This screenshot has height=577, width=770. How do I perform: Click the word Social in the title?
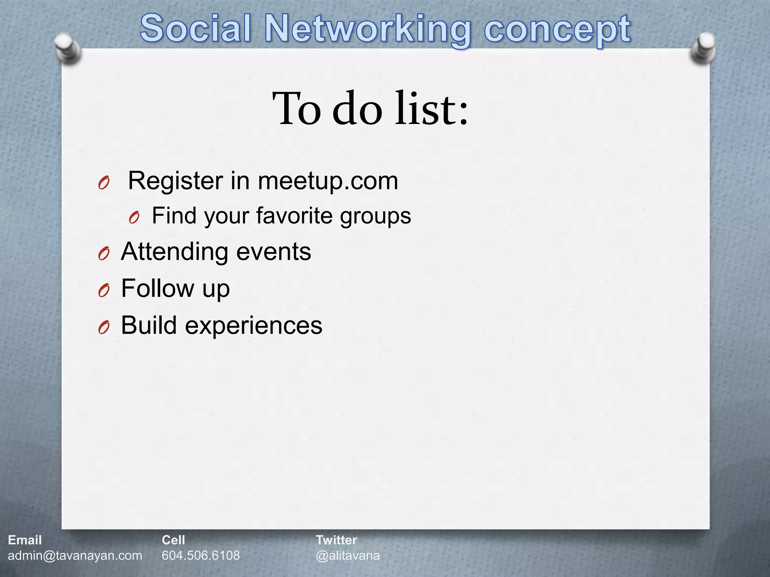(196, 29)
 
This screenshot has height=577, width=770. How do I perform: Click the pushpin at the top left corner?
(67, 49)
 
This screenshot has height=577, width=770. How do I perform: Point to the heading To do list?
(370, 109)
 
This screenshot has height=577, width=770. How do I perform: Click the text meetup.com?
(327, 181)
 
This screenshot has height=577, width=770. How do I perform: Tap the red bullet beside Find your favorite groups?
(134, 218)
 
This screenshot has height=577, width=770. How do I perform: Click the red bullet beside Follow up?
(103, 290)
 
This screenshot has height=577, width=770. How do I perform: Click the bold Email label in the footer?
(25, 540)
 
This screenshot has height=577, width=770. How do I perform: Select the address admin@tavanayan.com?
(75, 555)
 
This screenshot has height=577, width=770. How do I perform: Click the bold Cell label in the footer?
(173, 540)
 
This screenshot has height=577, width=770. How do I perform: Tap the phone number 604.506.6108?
(201, 555)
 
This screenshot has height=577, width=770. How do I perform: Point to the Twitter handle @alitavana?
(348, 555)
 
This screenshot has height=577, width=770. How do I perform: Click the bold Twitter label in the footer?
(336, 540)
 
